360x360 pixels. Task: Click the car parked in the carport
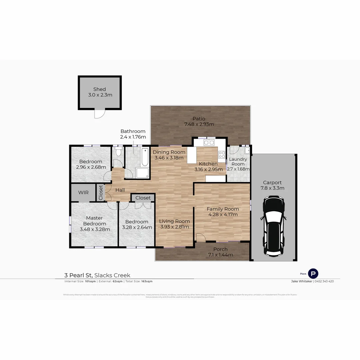(273, 226)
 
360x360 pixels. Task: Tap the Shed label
(99, 89)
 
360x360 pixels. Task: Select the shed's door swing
(99, 114)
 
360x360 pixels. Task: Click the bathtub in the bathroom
(145, 158)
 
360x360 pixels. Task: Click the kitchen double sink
(209, 143)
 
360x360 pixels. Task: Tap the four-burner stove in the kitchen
(222, 154)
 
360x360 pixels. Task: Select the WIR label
(83, 193)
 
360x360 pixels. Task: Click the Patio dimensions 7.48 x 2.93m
(199, 124)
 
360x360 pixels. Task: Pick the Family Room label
(223, 209)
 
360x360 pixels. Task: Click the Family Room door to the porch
(201, 237)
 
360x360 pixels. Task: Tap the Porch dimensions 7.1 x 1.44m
(220, 255)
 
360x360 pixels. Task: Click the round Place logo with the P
(313, 274)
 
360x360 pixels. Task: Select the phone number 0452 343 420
(324, 281)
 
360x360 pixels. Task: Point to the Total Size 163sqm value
(147, 281)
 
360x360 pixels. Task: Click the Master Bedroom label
(94, 221)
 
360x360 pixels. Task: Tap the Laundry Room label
(238, 161)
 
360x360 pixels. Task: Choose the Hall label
(120, 190)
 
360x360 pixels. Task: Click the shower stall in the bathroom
(142, 173)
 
